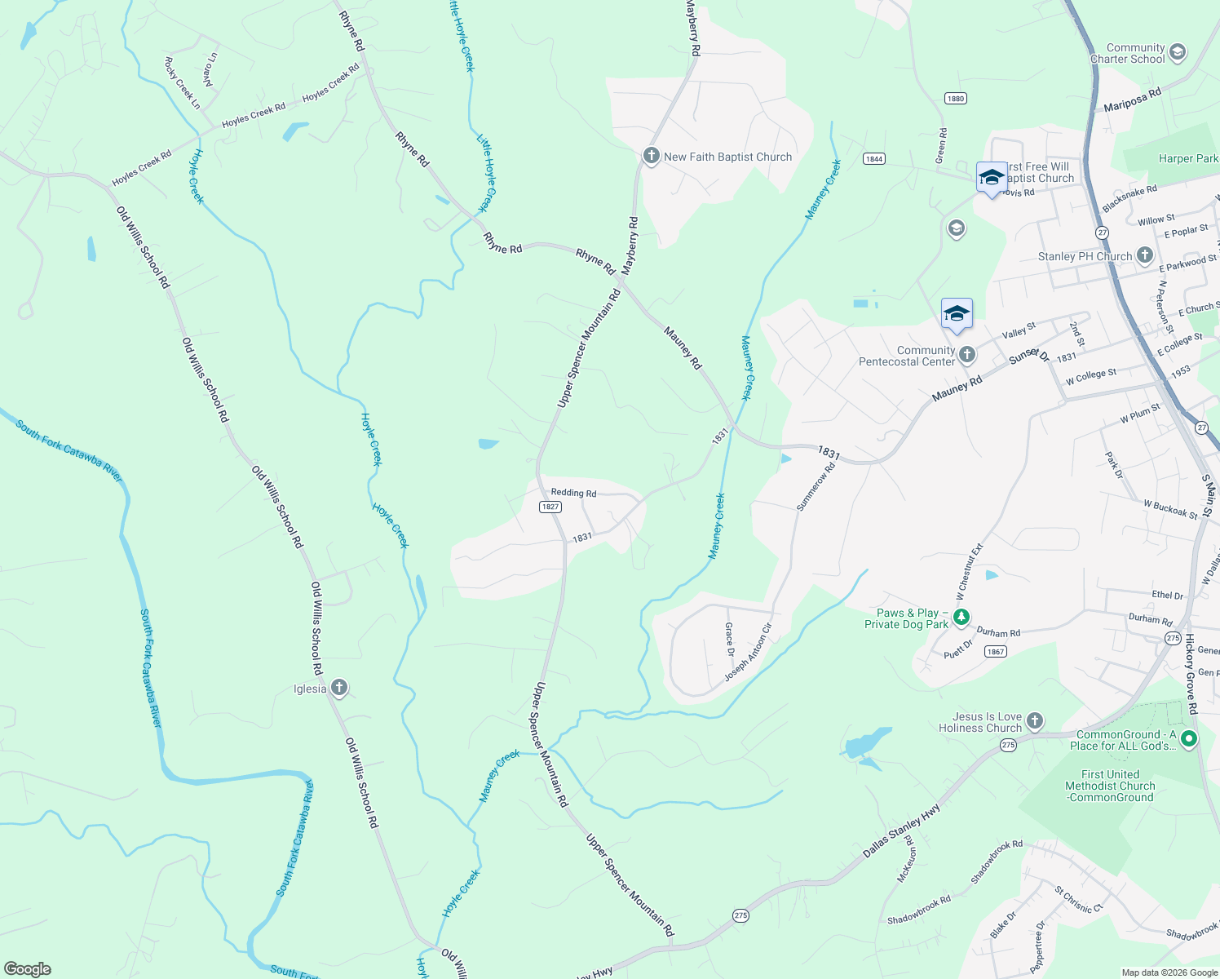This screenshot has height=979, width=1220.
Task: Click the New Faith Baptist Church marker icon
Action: tap(651, 156)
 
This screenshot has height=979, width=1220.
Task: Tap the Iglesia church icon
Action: tap(339, 689)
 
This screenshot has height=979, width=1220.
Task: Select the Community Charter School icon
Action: tap(1177, 53)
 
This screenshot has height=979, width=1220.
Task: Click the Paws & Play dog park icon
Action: tap(961, 618)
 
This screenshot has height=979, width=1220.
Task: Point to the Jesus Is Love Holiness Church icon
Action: tap(1034, 721)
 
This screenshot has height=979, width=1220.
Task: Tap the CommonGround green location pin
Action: tap(1189, 739)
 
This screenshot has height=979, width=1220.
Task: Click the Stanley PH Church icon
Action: tap(1144, 255)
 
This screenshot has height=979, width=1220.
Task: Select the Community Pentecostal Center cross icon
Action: tap(966, 355)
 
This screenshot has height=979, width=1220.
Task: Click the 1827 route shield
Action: tap(550, 507)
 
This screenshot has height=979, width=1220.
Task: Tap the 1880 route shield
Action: tap(956, 99)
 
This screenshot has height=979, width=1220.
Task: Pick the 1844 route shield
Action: tap(874, 158)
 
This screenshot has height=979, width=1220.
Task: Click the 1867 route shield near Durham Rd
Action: tap(995, 651)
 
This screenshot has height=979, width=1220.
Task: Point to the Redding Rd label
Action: tap(573, 493)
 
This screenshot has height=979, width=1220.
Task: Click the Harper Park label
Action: tap(1187, 158)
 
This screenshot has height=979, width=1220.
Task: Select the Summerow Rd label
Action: tap(816, 487)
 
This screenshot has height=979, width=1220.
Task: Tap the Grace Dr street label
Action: tap(730, 640)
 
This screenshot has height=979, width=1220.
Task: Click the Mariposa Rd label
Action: tap(1132, 101)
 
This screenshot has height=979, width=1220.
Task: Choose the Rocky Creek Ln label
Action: tap(182, 83)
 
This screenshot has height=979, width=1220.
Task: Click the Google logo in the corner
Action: tap(27, 968)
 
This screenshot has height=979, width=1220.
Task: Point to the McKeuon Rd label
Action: tap(906, 858)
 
